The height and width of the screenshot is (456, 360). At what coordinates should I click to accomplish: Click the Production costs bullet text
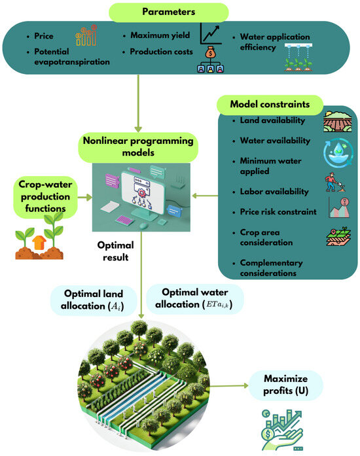click(x=160, y=51)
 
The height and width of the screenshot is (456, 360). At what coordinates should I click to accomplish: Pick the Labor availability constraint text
click(x=264, y=191)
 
